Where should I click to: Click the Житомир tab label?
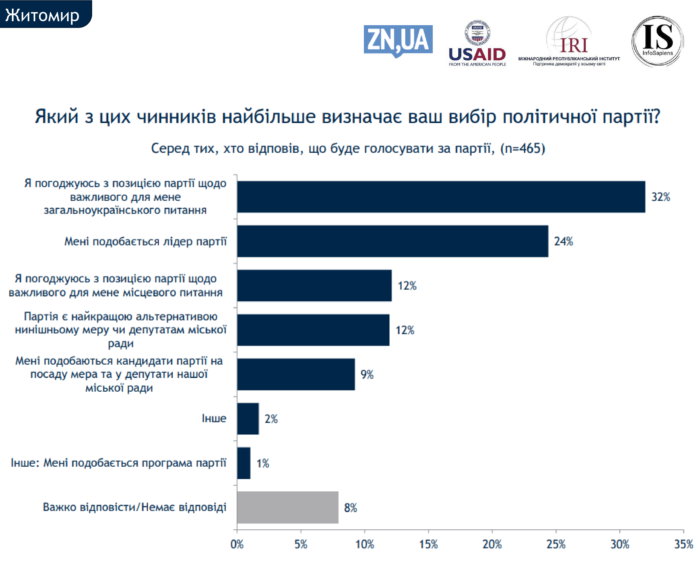42,15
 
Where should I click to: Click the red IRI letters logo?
574,45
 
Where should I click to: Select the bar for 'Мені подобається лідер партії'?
392,241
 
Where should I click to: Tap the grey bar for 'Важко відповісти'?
288,507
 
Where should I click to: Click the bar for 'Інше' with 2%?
248,419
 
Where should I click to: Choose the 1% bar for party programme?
244,463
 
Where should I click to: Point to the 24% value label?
563,241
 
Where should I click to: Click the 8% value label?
350,507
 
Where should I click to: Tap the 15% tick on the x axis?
428,544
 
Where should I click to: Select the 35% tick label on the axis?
683,544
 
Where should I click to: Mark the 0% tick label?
237,544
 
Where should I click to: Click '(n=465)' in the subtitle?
523,148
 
